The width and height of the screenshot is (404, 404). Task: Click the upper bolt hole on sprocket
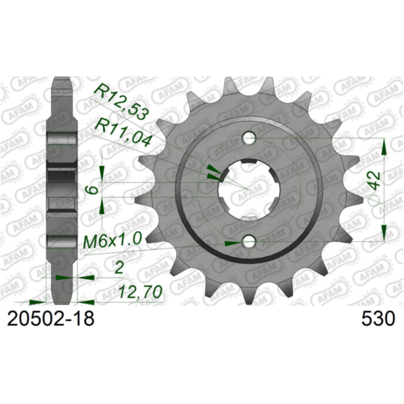click(250, 139)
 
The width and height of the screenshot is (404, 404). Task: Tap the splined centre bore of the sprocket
click(250, 191)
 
